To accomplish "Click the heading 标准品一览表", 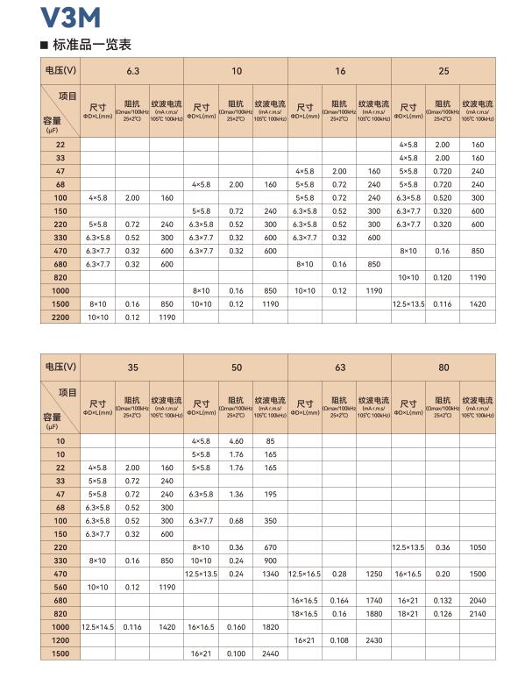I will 84,44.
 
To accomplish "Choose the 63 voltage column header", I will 339,367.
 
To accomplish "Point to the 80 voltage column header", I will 443,367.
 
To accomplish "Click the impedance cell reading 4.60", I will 236,440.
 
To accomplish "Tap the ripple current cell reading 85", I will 270,440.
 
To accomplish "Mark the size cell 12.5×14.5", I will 98,627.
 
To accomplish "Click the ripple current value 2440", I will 270,654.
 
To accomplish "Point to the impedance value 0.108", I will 339,640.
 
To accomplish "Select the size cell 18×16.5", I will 304,613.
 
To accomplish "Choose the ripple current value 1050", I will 478,546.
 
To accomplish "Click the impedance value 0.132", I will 443,600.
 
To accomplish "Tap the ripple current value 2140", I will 478,613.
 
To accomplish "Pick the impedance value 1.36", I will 236,494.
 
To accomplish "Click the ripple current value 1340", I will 270,573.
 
